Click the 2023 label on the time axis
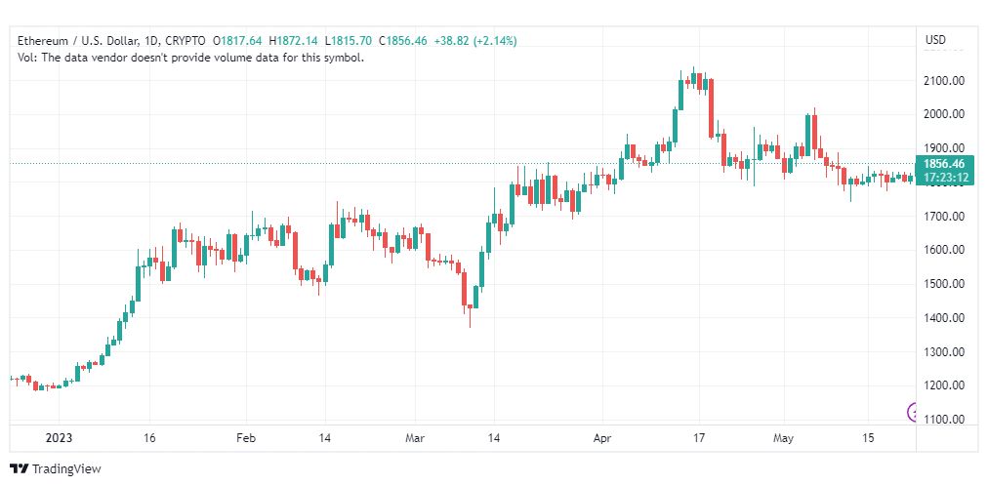coord(60,438)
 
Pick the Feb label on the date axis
coord(246,438)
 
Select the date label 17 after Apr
coord(697,438)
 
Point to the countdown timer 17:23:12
coord(946,177)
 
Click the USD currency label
coord(935,40)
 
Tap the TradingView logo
coord(56,469)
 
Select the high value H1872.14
coord(294,41)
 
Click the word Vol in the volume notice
coord(24,58)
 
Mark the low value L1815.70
coord(349,41)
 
